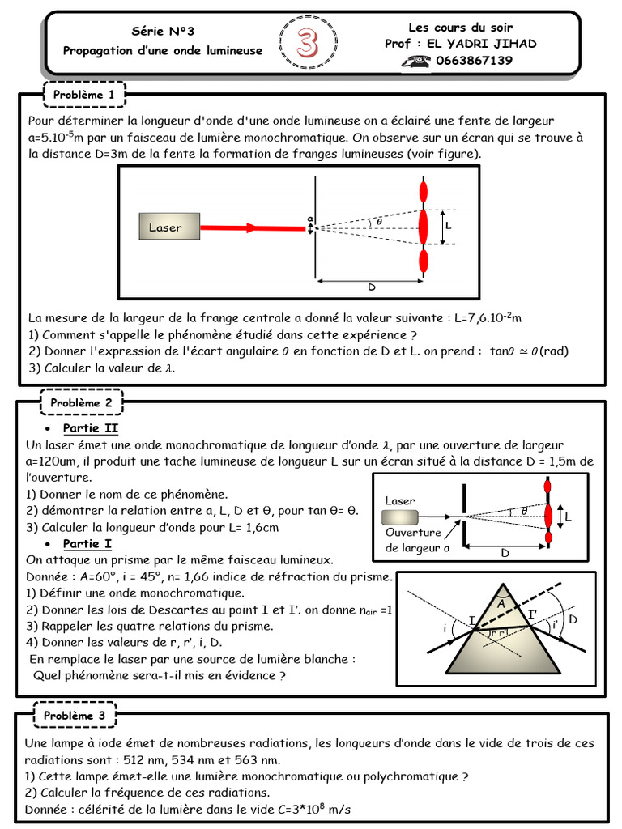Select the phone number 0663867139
coord(474,61)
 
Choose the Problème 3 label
coord(75,715)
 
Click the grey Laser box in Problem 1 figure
coord(165,227)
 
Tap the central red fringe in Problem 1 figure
coord(423,226)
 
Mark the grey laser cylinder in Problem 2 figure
coord(400,517)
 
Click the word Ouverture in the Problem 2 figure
coord(413,533)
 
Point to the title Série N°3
coord(163,31)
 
